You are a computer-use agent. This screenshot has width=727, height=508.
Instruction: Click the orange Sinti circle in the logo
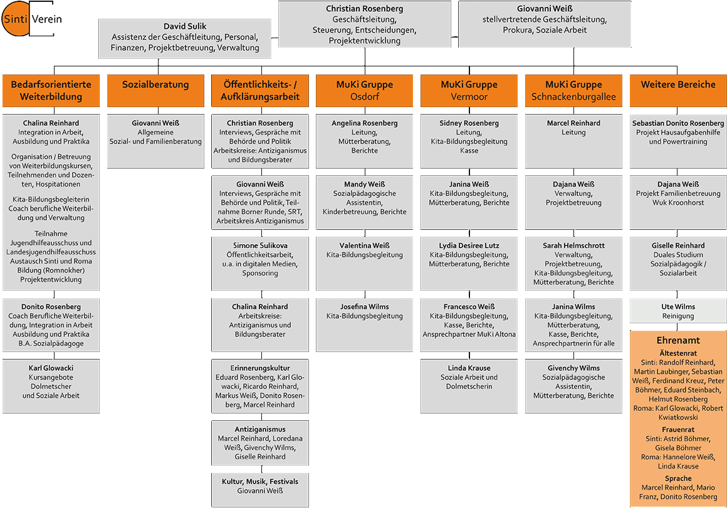[15, 19]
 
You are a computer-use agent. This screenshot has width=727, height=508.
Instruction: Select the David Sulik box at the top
[185, 38]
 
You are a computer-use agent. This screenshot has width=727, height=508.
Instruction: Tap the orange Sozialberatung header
[155, 90]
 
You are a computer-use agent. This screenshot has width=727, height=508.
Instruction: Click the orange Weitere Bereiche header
[678, 90]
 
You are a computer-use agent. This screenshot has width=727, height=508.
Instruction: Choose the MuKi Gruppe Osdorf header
[364, 90]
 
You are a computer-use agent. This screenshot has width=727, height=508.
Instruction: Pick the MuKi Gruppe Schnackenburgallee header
[573, 90]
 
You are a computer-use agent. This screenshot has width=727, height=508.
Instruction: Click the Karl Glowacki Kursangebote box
[51, 386]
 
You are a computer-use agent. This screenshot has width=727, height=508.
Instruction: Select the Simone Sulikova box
[260, 263]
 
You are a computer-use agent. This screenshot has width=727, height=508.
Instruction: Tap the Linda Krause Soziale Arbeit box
[469, 386]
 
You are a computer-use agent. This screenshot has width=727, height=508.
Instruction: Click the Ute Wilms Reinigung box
[678, 311]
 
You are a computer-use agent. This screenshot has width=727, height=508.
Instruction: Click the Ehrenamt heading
[678, 340]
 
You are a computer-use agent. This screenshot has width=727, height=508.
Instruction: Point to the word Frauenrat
[678, 430]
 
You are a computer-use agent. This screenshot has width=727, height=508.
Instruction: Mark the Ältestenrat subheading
[678, 353]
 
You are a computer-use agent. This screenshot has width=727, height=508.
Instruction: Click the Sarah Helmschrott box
[573, 263]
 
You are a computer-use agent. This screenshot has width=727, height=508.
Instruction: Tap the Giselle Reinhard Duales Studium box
[678, 263]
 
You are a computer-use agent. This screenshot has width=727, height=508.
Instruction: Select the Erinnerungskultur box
[260, 386]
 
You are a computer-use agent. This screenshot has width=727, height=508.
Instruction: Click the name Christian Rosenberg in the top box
[364, 9]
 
